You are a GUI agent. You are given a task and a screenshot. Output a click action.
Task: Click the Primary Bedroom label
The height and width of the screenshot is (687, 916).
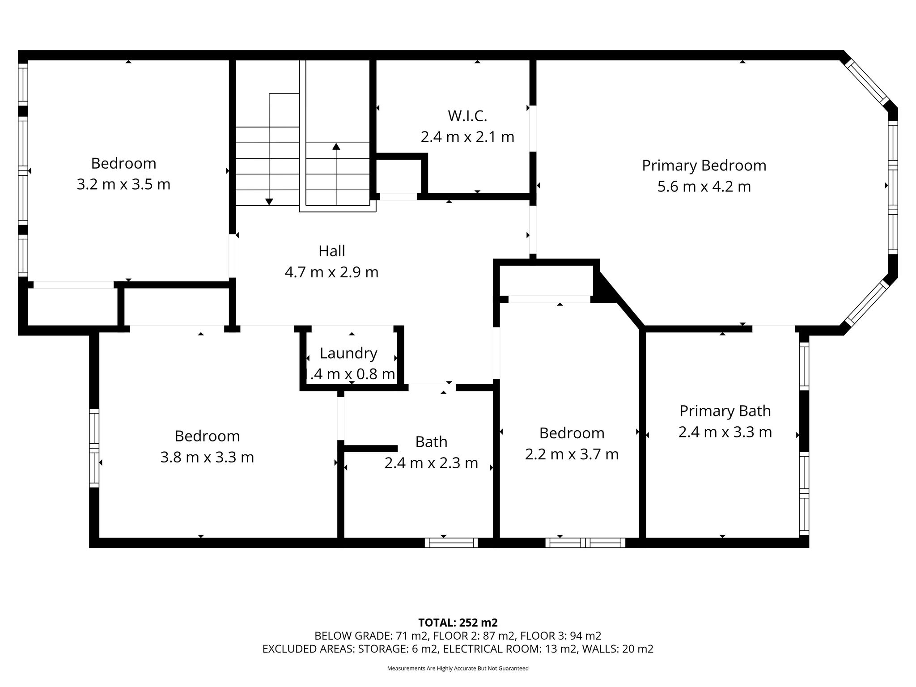click(x=704, y=165)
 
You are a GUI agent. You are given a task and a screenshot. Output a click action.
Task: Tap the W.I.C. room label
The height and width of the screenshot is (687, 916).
click(x=467, y=116)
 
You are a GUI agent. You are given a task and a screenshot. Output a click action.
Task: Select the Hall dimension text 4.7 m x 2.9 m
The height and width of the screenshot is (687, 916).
click(x=331, y=272)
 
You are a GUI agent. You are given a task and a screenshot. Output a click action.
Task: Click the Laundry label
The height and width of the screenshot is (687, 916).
click(x=348, y=353)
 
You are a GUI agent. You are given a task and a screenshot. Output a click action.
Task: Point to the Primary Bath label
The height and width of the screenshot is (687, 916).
click(x=725, y=411)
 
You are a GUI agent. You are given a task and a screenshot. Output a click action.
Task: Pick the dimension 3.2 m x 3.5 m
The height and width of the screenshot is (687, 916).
click(x=123, y=184)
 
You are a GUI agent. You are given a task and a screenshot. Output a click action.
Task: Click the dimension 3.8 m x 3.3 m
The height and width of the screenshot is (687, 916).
click(x=207, y=457)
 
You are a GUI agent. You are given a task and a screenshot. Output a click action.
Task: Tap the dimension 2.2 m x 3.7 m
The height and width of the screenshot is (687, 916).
click(x=572, y=454)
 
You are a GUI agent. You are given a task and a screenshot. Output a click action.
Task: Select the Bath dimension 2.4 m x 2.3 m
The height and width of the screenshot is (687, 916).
click(x=431, y=463)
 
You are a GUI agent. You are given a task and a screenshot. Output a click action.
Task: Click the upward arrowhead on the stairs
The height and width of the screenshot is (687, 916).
click(x=336, y=146)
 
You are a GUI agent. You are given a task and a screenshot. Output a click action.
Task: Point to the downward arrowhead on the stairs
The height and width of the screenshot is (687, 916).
click(x=269, y=202)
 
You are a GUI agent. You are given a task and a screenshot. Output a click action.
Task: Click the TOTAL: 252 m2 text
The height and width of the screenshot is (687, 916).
click(x=458, y=623)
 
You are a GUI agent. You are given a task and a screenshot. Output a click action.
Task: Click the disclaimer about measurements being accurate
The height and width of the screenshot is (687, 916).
click(x=458, y=668)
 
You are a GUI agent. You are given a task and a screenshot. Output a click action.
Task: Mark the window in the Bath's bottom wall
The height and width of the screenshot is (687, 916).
click(x=451, y=543)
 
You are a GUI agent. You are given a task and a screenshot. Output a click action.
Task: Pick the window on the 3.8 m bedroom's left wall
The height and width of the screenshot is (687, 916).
click(x=94, y=448)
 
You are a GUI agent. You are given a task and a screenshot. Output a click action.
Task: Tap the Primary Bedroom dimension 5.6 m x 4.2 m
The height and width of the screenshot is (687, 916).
click(x=704, y=187)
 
